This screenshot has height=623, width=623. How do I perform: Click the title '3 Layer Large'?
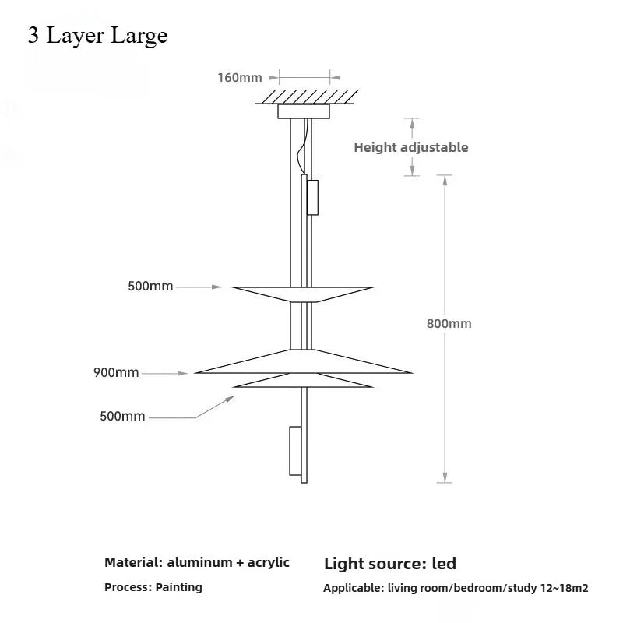(x=97, y=36)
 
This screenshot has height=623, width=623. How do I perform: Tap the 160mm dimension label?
(x=239, y=77)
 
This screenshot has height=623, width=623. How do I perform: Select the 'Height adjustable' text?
(x=411, y=147)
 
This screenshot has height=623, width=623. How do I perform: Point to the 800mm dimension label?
(x=449, y=323)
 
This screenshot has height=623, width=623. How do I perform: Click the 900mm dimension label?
(x=116, y=372)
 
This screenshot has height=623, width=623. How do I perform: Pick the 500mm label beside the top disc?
(x=150, y=286)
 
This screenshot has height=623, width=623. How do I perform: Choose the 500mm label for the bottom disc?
(x=122, y=417)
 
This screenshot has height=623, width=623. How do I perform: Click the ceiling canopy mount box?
(x=303, y=112)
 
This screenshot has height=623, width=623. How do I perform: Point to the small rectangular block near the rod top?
(x=312, y=197)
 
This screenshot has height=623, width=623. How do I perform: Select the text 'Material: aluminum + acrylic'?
(x=197, y=562)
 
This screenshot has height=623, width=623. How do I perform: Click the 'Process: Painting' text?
(x=153, y=587)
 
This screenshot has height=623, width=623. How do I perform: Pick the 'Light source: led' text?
(x=389, y=563)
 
